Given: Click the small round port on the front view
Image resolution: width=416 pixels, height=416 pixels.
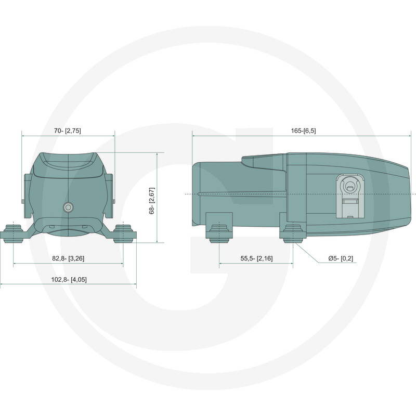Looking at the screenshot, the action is click(68, 207).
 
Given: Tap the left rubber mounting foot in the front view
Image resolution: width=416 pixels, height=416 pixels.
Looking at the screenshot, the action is click(14, 233).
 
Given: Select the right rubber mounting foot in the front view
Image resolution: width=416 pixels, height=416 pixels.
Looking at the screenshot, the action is click(123, 233).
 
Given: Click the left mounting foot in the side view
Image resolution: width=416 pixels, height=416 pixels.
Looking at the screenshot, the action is click(219, 233).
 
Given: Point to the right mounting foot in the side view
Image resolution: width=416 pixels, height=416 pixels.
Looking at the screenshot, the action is click(293, 233).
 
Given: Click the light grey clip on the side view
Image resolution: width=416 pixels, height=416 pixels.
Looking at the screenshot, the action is click(349, 196).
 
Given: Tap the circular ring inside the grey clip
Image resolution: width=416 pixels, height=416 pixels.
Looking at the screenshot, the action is click(349, 187).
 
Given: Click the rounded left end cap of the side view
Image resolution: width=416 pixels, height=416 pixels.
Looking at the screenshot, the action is click(197, 194).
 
